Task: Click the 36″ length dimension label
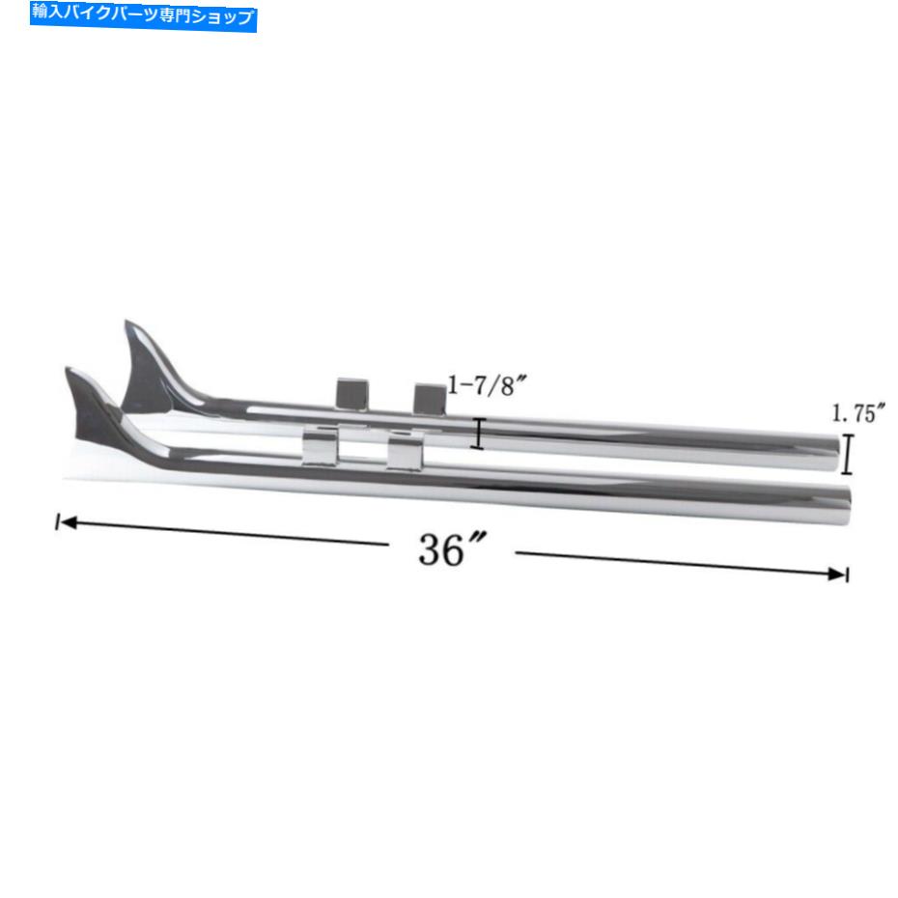[452, 549]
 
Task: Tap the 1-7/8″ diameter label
[486, 385]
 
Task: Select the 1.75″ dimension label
[857, 412]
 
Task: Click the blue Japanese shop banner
[143, 15]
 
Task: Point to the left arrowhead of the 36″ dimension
[69, 522]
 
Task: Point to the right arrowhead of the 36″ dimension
[836, 574]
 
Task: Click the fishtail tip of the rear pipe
[127, 323]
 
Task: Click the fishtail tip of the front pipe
[68, 370]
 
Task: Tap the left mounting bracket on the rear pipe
[352, 394]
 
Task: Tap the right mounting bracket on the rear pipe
[430, 399]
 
